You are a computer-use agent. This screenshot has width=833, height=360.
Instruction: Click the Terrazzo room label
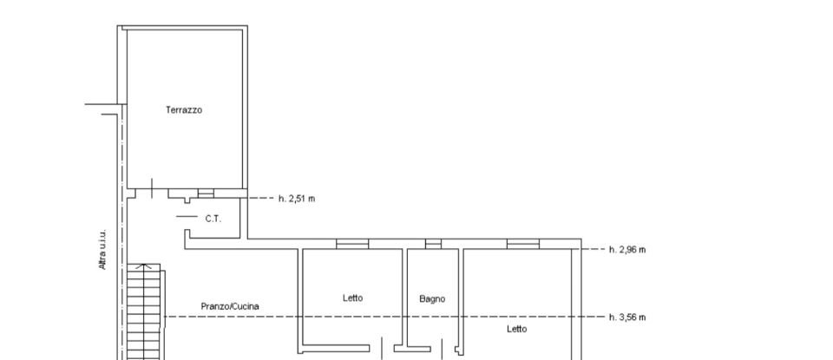pos(184,110)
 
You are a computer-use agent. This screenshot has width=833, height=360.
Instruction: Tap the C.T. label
pos(213,219)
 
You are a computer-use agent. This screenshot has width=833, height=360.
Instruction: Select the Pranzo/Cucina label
pos(230,306)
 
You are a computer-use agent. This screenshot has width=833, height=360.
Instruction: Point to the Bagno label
pos(432,299)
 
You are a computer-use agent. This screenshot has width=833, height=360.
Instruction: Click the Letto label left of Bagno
pos(352,298)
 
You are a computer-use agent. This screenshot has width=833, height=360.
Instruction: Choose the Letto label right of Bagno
pos(516,329)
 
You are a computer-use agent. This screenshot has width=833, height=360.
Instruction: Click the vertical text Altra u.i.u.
pos(102,250)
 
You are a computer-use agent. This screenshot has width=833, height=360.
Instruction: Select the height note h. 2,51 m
pos(297,199)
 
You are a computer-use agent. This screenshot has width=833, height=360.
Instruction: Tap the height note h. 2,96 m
pos(627,250)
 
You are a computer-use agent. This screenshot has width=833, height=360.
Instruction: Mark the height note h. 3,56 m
pos(627,317)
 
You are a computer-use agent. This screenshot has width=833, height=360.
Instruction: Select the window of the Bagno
pos(433,244)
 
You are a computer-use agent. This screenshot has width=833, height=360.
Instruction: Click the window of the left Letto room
pos(352,244)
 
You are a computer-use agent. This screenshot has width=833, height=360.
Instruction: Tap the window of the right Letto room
pos(523,244)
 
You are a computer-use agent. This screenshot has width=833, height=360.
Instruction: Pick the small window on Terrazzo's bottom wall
pos(206,193)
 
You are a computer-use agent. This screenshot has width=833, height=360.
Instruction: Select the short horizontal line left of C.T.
pos(187,216)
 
